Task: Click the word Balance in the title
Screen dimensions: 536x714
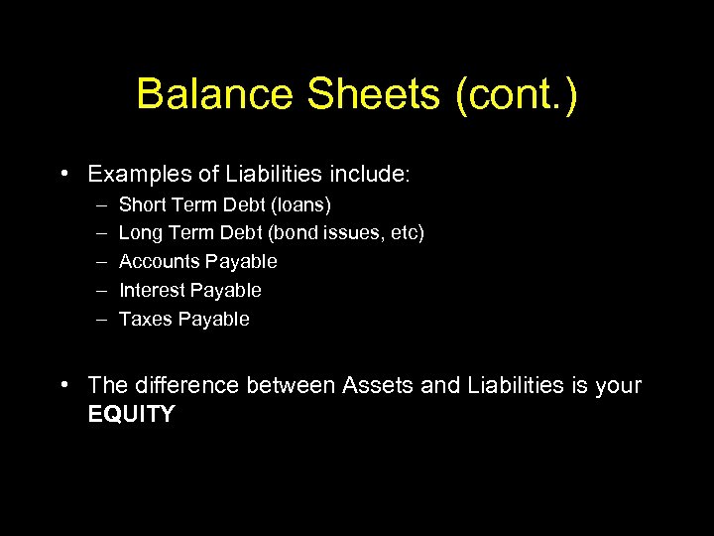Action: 215,94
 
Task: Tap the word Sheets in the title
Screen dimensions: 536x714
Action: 374,94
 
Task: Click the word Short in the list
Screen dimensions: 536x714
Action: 141,205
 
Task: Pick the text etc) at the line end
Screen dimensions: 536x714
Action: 407,233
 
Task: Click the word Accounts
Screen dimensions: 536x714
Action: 159,262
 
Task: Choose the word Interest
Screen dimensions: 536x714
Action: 152,291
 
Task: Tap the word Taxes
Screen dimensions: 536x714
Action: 145,320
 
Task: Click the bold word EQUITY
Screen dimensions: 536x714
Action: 131,415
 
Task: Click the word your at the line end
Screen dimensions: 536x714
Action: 619,386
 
